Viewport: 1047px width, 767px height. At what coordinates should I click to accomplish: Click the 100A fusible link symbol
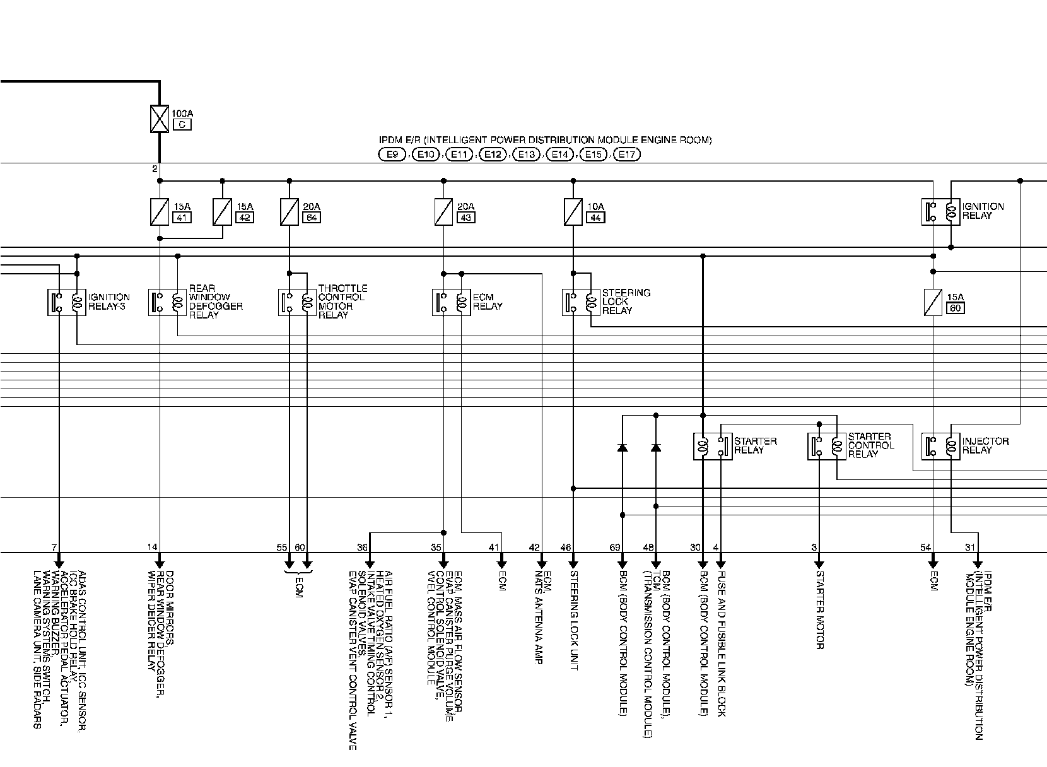click(x=159, y=119)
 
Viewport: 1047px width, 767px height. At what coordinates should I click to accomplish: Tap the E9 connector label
click(x=392, y=154)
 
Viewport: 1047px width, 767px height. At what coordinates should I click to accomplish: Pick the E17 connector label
click(x=626, y=154)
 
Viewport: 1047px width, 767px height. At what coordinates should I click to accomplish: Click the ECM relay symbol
click(x=452, y=302)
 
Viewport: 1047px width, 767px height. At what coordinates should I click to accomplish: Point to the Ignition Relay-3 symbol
click(x=67, y=302)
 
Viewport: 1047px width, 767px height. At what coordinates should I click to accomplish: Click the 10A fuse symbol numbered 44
click(x=573, y=212)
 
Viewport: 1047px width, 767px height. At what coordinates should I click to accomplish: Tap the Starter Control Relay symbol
click(x=827, y=446)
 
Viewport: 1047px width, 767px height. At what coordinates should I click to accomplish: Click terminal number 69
click(x=615, y=547)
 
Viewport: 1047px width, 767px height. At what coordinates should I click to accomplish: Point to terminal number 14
click(x=152, y=547)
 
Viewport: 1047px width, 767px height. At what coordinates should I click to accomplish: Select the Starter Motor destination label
click(x=819, y=609)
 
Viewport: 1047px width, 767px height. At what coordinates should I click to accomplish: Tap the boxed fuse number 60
click(x=956, y=308)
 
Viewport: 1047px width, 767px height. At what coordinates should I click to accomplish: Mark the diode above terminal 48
click(x=656, y=447)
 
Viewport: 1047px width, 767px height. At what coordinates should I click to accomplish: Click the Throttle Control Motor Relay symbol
click(x=298, y=302)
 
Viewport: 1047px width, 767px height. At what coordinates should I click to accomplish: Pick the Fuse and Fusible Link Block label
click(x=722, y=643)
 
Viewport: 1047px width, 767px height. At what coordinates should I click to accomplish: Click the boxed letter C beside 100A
click(x=181, y=124)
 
